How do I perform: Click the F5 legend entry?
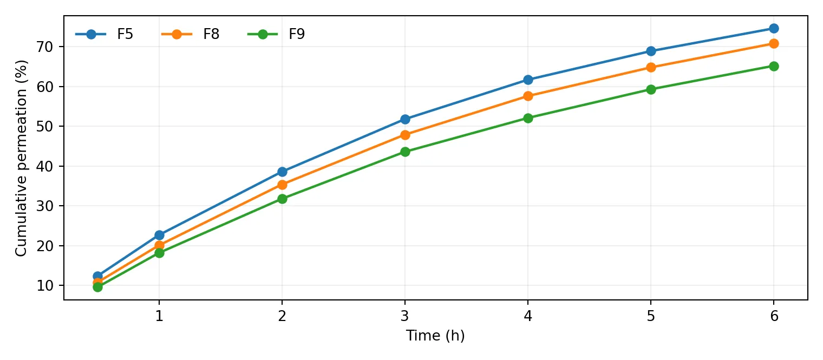[104, 34]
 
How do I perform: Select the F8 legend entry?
[191, 34]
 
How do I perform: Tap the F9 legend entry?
[276, 34]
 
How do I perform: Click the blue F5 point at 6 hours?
[774, 28]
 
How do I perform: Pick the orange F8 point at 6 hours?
[774, 44]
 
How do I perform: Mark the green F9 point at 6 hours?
[774, 66]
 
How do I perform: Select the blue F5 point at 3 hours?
[405, 119]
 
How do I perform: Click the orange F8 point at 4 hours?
[528, 96]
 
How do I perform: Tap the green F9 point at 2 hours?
[282, 199]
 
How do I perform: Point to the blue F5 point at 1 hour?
[159, 235]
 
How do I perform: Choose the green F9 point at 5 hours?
[651, 89]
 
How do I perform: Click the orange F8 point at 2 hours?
[282, 185]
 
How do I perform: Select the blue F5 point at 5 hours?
[651, 51]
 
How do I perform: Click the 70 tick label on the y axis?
[45, 47]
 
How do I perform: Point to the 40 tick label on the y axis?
[45, 166]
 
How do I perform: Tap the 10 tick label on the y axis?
[45, 286]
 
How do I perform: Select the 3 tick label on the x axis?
[405, 316]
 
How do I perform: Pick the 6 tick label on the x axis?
[774, 316]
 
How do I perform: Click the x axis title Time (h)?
[435, 336]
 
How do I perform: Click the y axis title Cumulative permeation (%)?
[21, 158]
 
